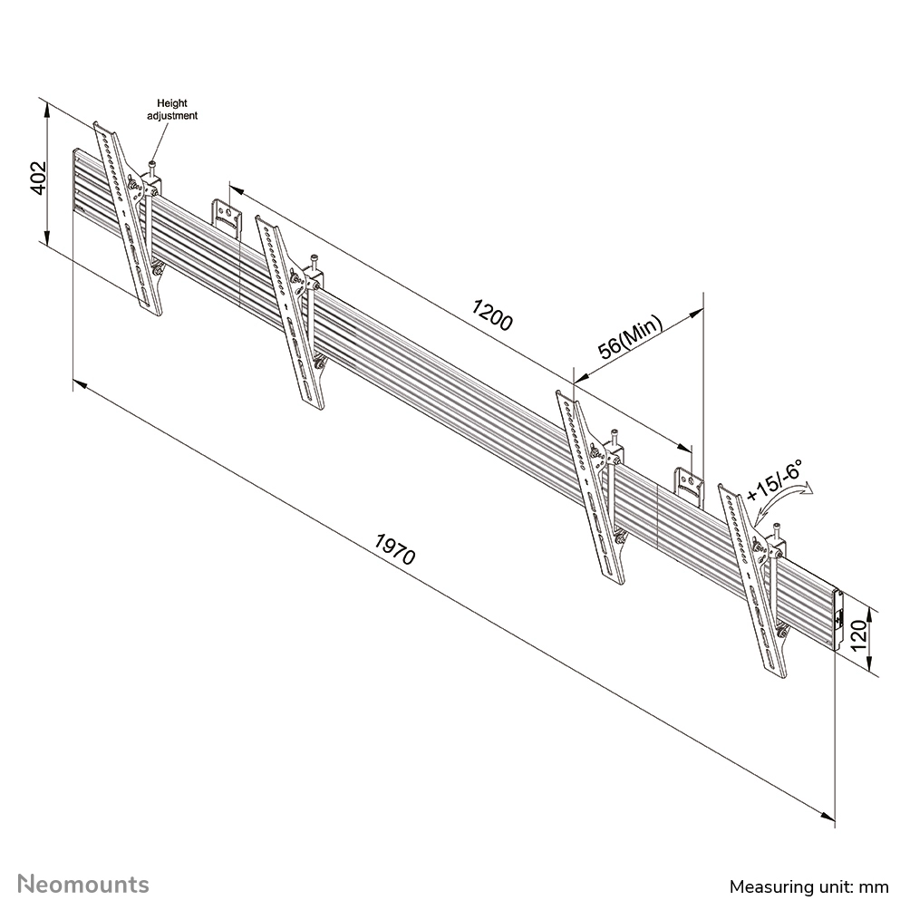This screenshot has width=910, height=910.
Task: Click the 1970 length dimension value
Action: point(395,549)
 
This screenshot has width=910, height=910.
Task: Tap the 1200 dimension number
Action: point(492,315)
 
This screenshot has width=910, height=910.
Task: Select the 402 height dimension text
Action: point(38,178)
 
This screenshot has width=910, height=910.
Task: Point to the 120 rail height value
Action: point(859,634)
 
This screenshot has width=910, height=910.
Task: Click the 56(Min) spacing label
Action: point(630,337)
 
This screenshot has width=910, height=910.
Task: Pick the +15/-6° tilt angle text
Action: point(775,480)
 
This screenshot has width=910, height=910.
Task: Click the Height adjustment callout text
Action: point(172,109)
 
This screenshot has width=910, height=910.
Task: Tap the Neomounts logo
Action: point(83,885)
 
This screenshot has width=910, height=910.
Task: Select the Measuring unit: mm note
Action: point(809,886)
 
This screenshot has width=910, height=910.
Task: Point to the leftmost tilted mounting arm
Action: point(129,218)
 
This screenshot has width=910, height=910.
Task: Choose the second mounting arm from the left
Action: point(290,314)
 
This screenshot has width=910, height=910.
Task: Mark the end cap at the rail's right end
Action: point(837,620)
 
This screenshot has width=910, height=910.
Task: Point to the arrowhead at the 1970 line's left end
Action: point(80,384)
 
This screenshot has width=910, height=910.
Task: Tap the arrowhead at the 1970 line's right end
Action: point(828,816)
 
